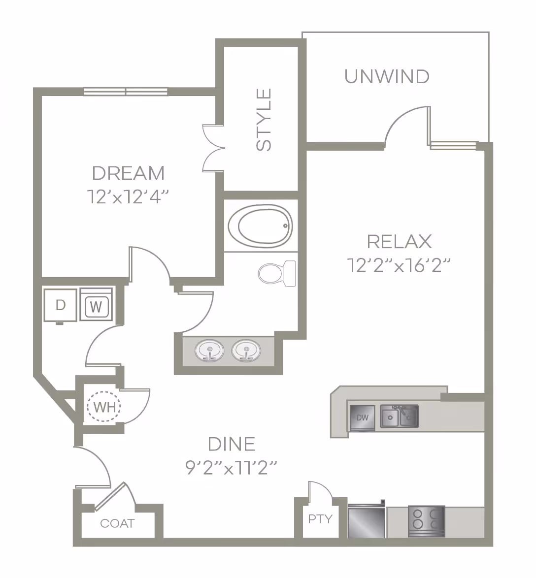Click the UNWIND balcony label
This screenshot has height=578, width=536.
click(x=387, y=77)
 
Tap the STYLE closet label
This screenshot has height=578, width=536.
click(x=265, y=119)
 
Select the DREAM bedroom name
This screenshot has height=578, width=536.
click(x=128, y=173)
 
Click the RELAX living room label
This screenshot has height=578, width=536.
click(x=399, y=242)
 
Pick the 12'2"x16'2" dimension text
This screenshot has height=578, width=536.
click(x=399, y=265)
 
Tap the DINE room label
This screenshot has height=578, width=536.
click(x=232, y=444)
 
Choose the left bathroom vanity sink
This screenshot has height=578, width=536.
click(x=209, y=352)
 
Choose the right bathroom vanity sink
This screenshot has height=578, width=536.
click(x=245, y=352)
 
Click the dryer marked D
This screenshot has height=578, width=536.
click(x=60, y=305)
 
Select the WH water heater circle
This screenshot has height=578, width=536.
click(x=104, y=407)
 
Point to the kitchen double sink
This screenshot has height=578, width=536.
click(x=399, y=417)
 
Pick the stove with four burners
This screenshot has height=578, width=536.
click(x=426, y=521)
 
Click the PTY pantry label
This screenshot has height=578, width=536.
click(x=320, y=519)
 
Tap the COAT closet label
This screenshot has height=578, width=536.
click(x=117, y=523)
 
